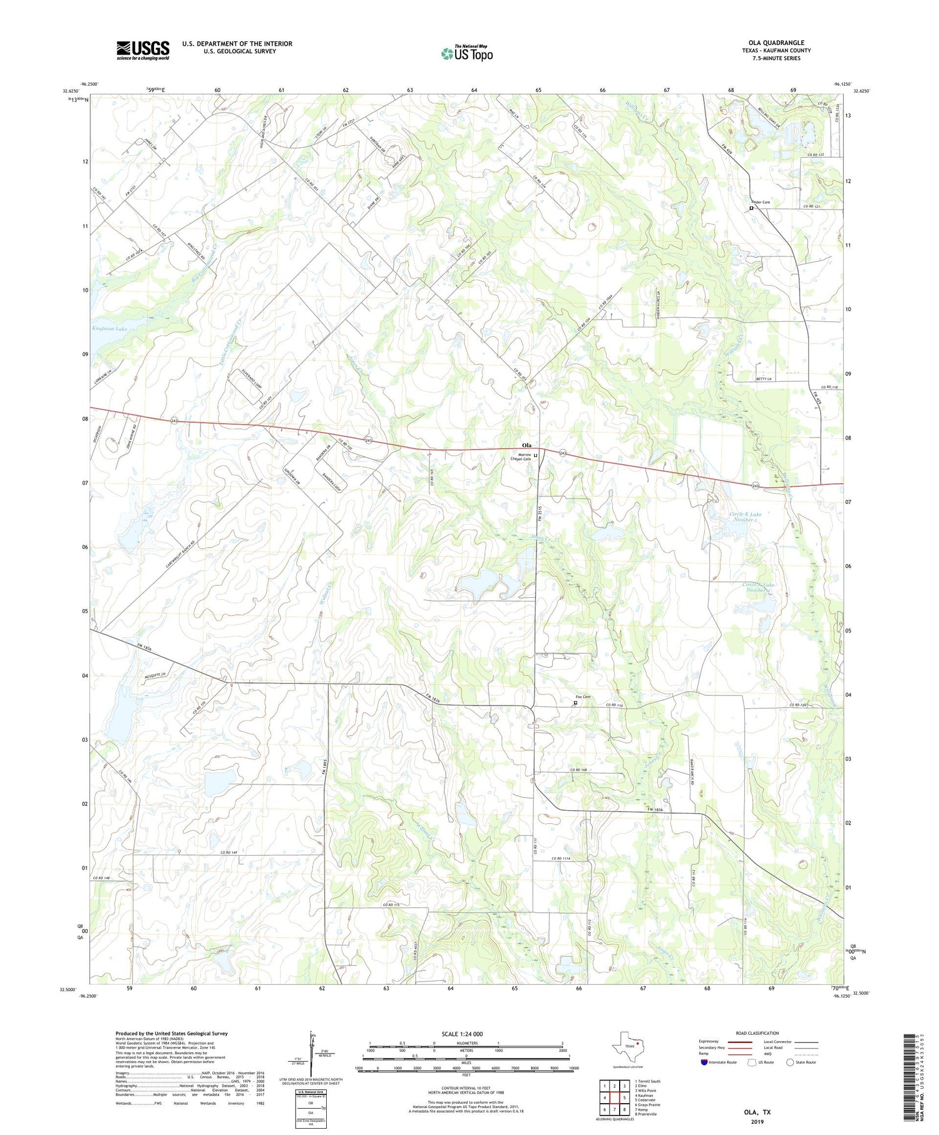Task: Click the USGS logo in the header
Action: (x=143, y=50)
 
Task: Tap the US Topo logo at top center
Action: (x=466, y=53)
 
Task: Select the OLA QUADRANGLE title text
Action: (x=776, y=43)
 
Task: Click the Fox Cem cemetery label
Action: (x=582, y=697)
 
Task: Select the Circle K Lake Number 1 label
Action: (x=744, y=516)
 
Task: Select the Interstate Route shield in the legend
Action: (x=704, y=1062)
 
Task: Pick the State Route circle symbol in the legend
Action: (x=790, y=1062)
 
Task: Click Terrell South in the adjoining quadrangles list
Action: (x=647, y=1081)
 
